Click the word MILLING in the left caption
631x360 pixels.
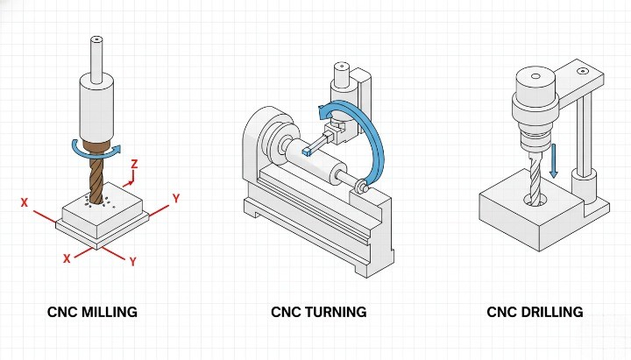(x=107, y=312)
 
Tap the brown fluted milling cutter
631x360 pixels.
(x=96, y=180)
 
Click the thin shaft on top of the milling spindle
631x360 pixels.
(x=96, y=54)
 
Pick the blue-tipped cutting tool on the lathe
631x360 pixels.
(x=306, y=151)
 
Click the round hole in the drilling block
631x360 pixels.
(x=537, y=201)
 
